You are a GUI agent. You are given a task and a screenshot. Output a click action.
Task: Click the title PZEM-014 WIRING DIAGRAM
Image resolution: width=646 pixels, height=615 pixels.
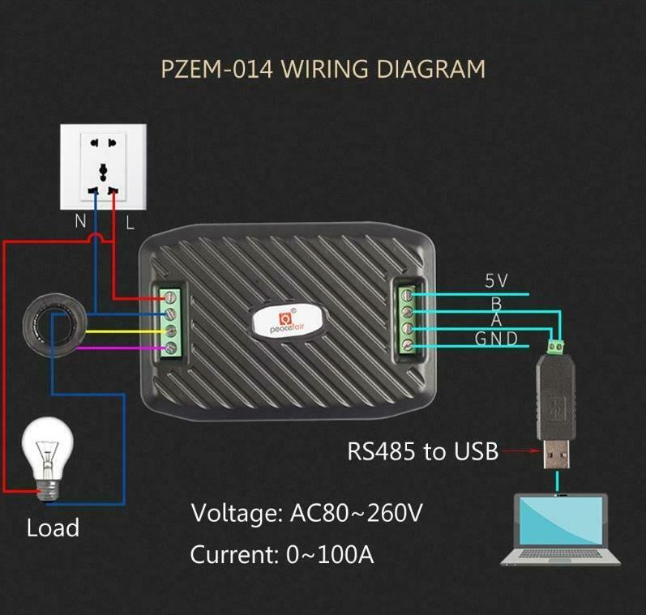(323, 68)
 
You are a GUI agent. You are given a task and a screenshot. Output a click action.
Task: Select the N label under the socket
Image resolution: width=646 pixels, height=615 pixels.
(81, 221)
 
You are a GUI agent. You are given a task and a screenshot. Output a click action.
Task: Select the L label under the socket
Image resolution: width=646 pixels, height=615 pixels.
(130, 221)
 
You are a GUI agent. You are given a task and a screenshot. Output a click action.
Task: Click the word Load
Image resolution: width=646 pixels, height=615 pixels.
(53, 528)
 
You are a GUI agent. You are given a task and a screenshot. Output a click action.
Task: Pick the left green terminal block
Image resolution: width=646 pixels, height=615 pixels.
(171, 322)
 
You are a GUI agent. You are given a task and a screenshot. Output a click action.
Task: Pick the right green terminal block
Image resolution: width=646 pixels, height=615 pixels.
(408, 319)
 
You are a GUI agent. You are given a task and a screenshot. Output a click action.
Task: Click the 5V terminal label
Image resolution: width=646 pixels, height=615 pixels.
(496, 281)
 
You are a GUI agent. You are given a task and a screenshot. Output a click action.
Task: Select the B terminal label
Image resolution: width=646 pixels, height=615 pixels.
(496, 303)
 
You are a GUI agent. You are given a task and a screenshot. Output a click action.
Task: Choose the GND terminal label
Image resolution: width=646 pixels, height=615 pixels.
(496, 339)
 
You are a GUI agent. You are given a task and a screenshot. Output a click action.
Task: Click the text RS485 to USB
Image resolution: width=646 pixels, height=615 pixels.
(422, 451)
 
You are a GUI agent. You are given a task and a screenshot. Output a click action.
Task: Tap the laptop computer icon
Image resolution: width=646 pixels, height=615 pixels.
(560, 531)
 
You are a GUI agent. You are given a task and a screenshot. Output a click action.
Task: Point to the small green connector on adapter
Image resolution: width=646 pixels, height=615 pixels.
(557, 348)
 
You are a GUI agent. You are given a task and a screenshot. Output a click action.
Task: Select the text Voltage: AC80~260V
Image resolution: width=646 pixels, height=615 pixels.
(306, 513)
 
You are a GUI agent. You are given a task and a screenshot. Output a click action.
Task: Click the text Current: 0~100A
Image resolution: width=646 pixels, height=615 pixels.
(282, 555)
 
